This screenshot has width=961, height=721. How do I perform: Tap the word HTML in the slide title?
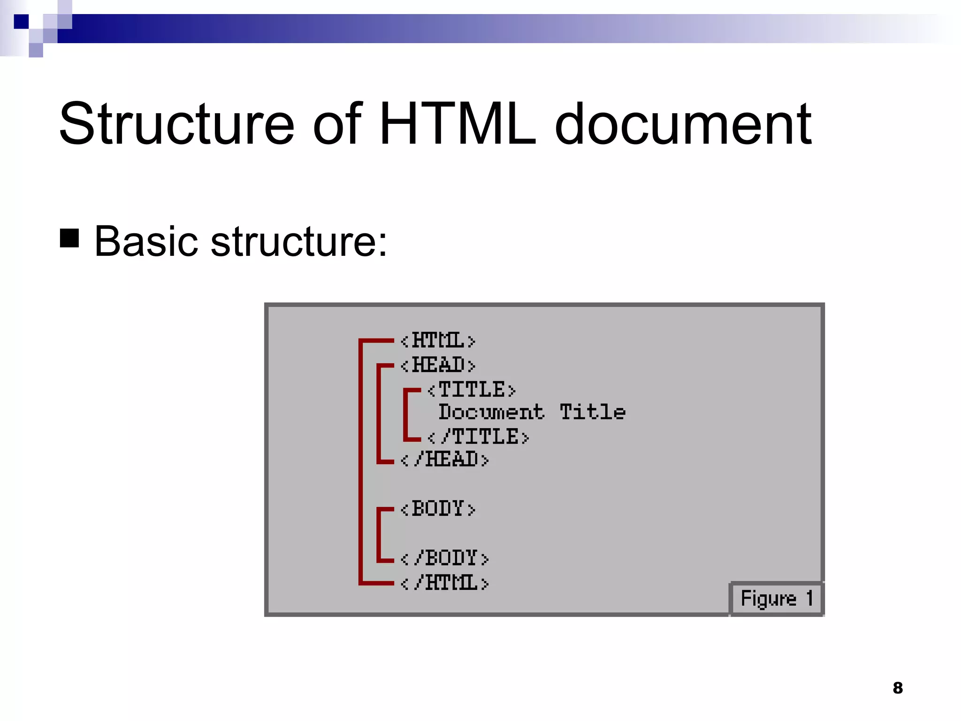(x=457, y=124)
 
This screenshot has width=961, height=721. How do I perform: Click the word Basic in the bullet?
(x=146, y=241)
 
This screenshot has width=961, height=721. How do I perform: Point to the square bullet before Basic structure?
(x=69, y=238)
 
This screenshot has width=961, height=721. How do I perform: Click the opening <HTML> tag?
(x=438, y=341)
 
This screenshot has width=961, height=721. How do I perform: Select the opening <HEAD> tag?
(x=438, y=365)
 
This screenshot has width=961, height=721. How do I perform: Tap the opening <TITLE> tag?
(x=471, y=390)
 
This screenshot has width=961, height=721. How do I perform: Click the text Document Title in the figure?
(x=532, y=412)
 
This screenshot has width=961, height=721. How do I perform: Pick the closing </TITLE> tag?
(x=478, y=437)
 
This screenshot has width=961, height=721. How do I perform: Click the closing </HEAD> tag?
(x=444, y=460)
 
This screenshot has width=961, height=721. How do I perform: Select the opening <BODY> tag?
(x=438, y=509)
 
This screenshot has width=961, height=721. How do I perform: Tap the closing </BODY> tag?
(x=444, y=558)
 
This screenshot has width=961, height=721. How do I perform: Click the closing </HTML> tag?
(x=444, y=583)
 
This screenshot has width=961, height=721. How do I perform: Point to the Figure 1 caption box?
(x=777, y=598)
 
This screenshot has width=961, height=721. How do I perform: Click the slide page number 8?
(x=898, y=688)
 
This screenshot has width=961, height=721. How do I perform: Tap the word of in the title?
(x=337, y=124)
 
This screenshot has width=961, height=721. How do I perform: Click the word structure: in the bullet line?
(x=299, y=241)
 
